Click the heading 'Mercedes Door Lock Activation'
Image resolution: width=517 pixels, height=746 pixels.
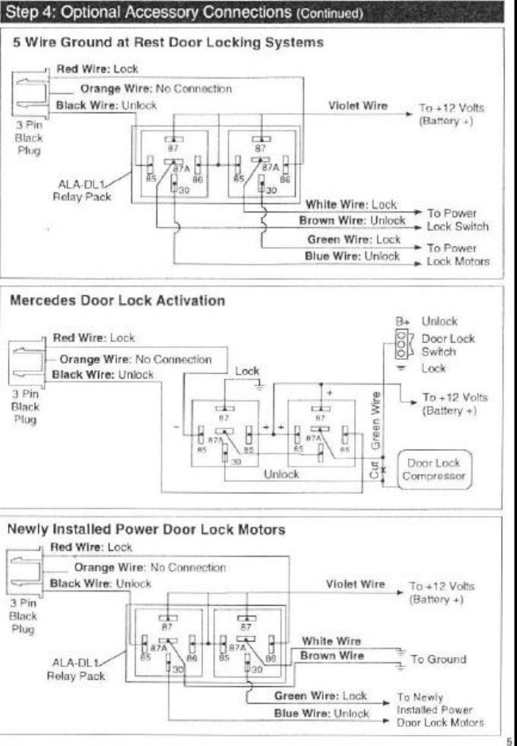(x=116, y=301)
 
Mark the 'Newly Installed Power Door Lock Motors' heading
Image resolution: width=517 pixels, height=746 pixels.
(x=146, y=529)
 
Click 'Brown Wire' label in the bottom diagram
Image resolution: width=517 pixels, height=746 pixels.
(x=332, y=656)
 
